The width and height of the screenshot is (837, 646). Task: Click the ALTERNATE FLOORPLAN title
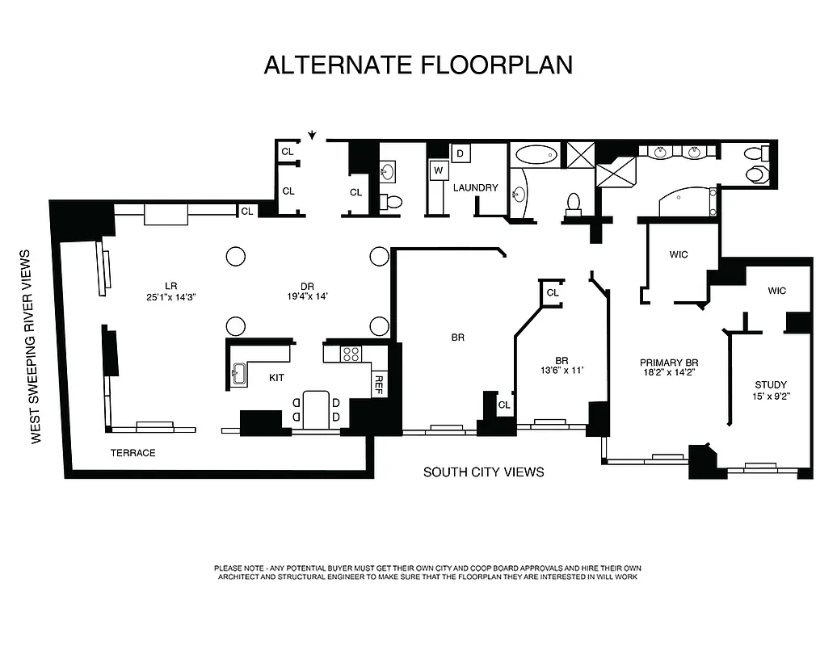[x=418, y=65]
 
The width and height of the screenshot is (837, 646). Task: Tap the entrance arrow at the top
[x=312, y=135]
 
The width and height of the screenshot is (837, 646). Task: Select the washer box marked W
[x=438, y=170]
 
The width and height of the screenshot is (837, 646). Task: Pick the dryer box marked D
[x=460, y=153]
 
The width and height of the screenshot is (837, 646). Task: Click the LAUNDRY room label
[x=475, y=188]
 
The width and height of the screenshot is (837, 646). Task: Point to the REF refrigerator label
[x=378, y=384]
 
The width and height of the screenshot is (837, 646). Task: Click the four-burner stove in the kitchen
[x=351, y=354]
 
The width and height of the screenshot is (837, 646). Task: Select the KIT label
[x=277, y=377]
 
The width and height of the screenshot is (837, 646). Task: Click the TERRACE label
[x=132, y=453]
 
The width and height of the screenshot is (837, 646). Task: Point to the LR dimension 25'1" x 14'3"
[x=170, y=296]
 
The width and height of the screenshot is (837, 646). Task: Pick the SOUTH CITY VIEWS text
[x=483, y=472]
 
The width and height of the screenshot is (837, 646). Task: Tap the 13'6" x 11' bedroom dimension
[x=562, y=371]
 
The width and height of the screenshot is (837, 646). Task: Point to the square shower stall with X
[x=580, y=153]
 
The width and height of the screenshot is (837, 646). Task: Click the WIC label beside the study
[x=776, y=291]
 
